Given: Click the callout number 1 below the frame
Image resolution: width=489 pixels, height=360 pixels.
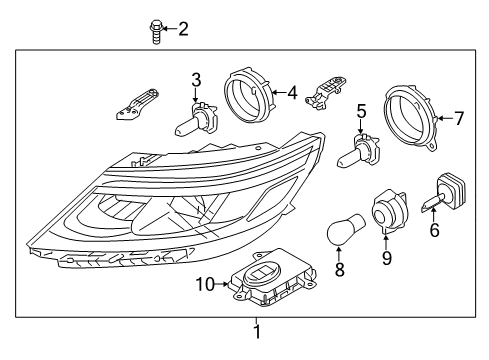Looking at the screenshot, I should (257, 332).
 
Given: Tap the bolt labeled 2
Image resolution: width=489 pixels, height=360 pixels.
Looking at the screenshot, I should (154, 32).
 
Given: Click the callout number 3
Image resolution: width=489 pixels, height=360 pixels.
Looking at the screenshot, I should (196, 79).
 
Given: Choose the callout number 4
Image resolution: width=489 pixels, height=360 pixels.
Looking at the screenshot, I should (291, 94).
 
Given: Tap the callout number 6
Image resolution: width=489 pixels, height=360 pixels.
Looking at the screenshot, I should (434, 228).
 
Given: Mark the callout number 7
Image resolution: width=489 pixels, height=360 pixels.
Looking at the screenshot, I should (459, 119).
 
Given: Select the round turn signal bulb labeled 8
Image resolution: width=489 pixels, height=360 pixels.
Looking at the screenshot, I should (338, 232).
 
